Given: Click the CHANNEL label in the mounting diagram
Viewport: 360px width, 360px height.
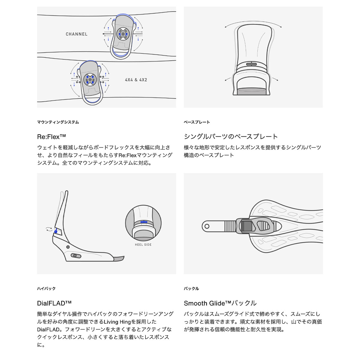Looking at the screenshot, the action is pos(76,34).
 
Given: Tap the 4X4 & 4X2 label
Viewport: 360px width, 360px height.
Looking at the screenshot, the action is pos(136,80).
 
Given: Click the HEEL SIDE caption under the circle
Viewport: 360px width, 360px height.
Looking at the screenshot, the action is pos(143,244).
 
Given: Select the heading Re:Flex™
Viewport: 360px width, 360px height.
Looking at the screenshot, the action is pos(51,136).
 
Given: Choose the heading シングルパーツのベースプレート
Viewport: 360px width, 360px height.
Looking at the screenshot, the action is pos(231,136).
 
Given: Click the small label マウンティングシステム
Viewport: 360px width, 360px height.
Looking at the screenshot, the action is pos(58,122).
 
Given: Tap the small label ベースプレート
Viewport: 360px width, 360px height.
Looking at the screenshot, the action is pos(197,122).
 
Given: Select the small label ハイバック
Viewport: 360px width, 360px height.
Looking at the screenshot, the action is pos(46,288).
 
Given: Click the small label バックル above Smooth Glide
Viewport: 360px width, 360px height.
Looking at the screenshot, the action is pos(191,288).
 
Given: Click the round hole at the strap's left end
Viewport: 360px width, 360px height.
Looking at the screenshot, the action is pos(207,226).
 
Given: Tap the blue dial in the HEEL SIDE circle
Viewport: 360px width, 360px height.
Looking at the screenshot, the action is pos(144,222).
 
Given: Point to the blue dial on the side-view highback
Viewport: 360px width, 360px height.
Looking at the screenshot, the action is pos(56,232).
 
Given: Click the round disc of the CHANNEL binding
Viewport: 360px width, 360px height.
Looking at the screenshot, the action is pos(123,34).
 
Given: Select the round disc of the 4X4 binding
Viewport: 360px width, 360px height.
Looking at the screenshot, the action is pos(90,79).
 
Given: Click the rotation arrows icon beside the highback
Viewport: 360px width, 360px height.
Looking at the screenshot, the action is pos(49,229).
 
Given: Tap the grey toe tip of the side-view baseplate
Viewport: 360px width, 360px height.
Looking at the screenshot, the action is pos(119,259).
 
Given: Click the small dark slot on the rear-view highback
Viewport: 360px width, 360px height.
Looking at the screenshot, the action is pos(251,64).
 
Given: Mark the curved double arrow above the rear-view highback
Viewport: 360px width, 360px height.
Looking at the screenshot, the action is pos(253,22).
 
